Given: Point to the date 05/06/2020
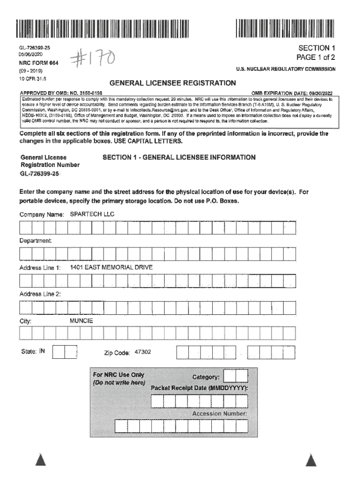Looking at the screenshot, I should pyautogui.click(x=32, y=54).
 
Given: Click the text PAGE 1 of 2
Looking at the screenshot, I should pyautogui.click(x=317, y=58).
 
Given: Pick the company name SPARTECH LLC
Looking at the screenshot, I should pyautogui.click(x=92, y=214).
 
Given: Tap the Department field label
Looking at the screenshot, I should pyautogui.click(x=36, y=240).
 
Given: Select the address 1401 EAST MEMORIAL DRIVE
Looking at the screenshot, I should pyautogui.click(x=111, y=268).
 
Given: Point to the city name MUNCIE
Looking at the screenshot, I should pyautogui.click(x=81, y=321).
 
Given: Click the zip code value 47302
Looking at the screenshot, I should pyautogui.click(x=143, y=352).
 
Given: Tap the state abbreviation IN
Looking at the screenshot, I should pyautogui.click(x=42, y=351).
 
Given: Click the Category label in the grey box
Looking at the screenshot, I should pyautogui.click(x=206, y=377).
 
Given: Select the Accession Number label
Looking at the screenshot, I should pyautogui.click(x=219, y=414).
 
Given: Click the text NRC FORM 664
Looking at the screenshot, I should pyautogui.click(x=39, y=63).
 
